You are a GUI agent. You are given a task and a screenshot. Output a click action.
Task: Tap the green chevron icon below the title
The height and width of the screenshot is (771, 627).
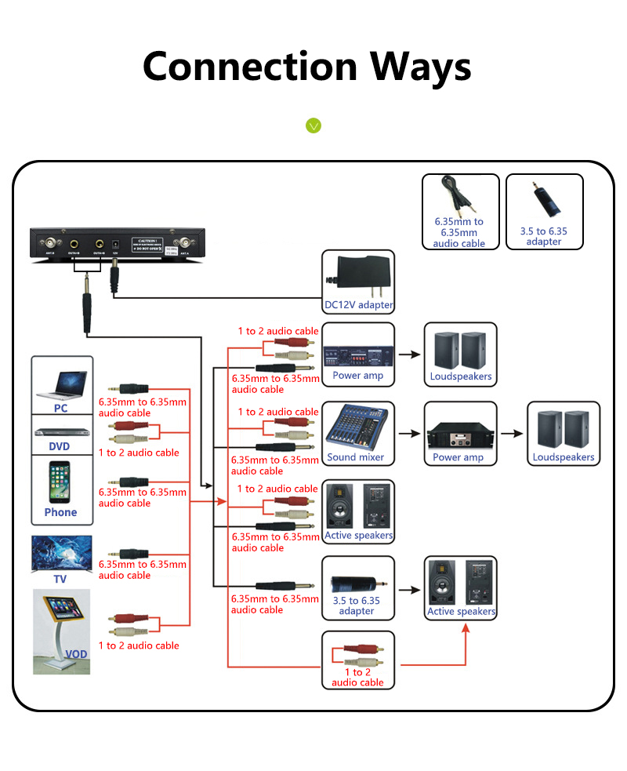coord(313,125)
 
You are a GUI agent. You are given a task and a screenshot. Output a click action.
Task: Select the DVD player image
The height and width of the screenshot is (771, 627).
coord(61,432)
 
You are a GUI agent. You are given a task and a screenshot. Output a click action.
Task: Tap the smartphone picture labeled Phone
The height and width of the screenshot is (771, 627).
coord(60,482)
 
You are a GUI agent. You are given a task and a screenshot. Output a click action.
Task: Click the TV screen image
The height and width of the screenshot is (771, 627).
coord(61,554)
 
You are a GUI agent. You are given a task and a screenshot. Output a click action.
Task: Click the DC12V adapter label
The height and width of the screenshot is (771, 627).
coord(358,305)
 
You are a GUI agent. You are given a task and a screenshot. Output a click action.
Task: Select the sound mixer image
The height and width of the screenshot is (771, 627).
coord(357,428)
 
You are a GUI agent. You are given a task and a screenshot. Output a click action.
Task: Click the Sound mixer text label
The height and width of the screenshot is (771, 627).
coord(357,457)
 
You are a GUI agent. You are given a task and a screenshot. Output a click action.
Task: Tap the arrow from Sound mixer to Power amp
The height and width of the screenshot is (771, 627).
coord(409,433)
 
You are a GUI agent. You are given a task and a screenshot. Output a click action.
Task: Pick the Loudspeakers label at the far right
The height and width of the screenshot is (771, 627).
coord(564,457)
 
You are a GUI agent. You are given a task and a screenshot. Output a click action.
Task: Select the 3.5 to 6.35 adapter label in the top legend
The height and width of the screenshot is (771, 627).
coord(544,237)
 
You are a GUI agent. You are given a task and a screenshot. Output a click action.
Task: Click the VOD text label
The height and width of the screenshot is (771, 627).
coord(76,653)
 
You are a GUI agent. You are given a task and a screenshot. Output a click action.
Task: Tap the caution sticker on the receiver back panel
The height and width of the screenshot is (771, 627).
coord(150,244)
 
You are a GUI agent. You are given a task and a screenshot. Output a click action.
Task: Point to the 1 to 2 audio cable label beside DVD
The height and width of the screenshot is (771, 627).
coord(139,453)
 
